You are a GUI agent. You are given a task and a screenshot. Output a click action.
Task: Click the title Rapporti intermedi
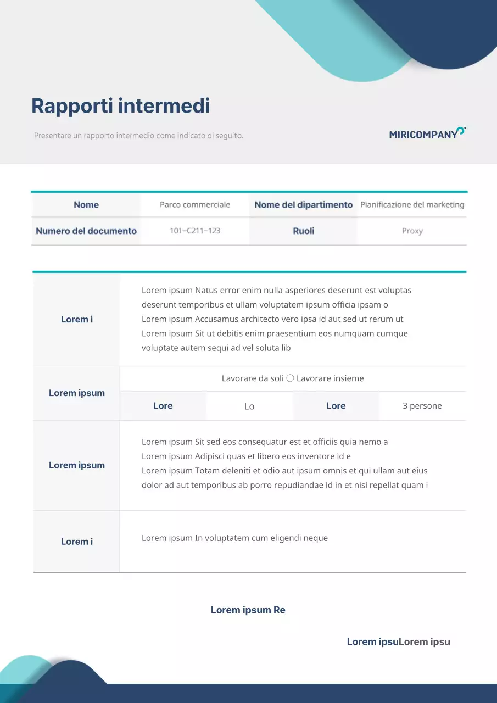(120, 105)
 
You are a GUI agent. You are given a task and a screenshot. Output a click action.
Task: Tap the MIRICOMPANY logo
(427, 133)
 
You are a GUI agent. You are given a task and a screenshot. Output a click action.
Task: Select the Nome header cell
(86, 205)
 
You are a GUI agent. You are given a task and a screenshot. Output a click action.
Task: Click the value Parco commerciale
(195, 205)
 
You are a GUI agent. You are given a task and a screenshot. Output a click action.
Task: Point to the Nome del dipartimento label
(303, 205)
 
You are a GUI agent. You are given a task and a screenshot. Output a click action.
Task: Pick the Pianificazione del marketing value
(412, 205)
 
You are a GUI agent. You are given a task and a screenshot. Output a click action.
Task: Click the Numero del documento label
(86, 231)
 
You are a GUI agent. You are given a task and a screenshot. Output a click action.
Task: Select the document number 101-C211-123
(195, 231)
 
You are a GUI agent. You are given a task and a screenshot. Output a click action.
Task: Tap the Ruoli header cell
(303, 231)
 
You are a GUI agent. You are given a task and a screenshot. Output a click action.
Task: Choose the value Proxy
(412, 231)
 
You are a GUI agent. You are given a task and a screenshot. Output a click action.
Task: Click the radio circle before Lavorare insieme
(291, 378)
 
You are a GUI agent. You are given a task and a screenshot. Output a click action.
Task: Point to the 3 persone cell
(422, 406)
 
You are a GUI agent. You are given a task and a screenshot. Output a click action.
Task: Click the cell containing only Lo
(249, 406)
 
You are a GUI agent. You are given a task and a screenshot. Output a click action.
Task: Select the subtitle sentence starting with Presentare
(138, 135)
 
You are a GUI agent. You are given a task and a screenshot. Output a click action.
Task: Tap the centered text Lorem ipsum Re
(248, 610)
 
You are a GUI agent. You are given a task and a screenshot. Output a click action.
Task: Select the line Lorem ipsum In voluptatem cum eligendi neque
(234, 538)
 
